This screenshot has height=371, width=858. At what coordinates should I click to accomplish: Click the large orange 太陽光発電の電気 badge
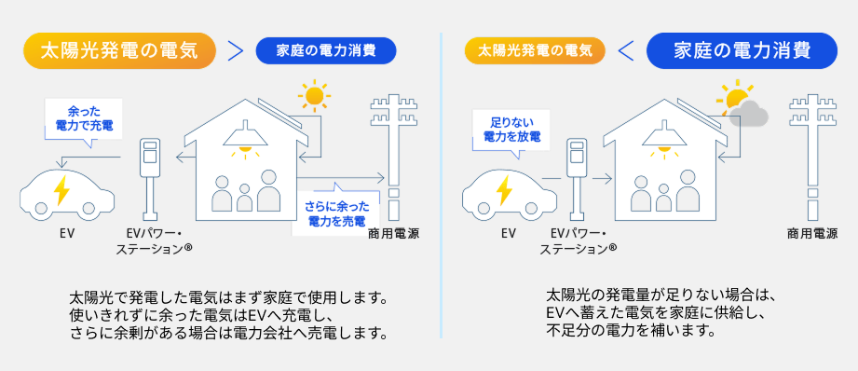coord(118,50)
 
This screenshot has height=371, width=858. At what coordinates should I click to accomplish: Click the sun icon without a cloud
coord(313,96)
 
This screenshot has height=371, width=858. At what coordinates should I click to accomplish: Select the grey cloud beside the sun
coord(748,113)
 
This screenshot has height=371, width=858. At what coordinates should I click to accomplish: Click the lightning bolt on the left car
coord(61,190)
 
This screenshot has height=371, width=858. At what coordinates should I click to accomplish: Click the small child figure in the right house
coord(664,196)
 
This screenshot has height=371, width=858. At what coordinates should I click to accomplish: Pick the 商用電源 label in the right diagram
coord(811,233)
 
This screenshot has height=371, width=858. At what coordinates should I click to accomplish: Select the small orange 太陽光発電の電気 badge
coord(535,50)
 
